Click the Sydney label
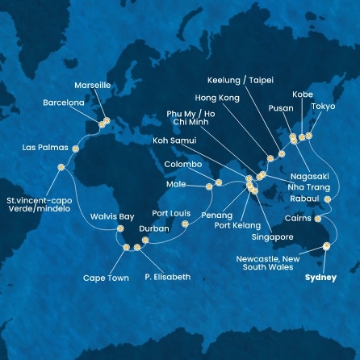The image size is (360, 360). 319,277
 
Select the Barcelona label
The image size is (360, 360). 64,103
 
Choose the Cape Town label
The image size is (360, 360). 105,278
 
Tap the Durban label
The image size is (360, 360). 154,228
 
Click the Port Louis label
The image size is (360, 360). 171,213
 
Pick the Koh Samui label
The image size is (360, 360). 174,140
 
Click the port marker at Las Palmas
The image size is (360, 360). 76,149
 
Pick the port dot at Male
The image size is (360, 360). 209,186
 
